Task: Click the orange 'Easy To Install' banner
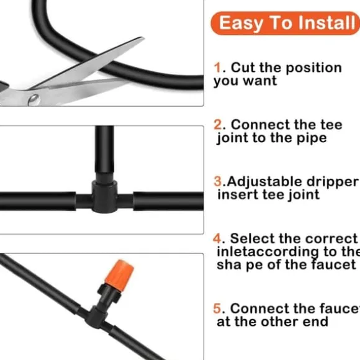point(285,23)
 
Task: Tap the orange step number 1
point(217,68)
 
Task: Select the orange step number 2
point(218,125)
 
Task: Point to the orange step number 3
point(218,181)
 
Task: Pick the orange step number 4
point(217,238)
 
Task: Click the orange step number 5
point(217,308)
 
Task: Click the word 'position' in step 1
point(313,68)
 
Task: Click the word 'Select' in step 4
point(252,238)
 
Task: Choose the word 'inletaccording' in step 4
point(268,253)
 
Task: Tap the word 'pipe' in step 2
point(312,139)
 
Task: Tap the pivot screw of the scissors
point(34,100)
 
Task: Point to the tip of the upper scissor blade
point(144,38)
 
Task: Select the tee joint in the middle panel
point(104,196)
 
